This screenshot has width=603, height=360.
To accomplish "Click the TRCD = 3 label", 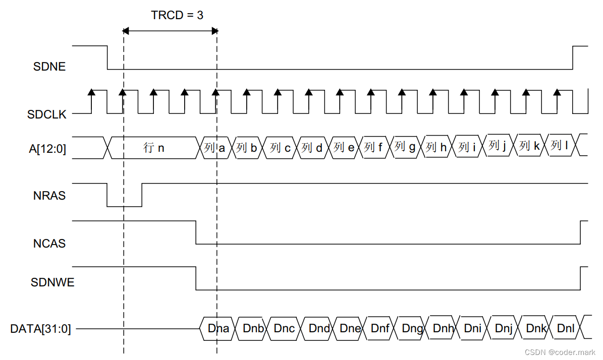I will tap(177, 15).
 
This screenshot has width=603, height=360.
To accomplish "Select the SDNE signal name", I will tap(49, 67).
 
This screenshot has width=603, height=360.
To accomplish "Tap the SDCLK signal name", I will tap(46, 114).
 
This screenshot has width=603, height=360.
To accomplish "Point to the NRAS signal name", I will tap(49, 196).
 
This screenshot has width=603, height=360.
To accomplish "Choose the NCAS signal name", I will tap(49, 244).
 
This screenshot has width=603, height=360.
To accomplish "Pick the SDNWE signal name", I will tap(52, 282).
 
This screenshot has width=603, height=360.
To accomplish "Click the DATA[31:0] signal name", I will tap(40, 329).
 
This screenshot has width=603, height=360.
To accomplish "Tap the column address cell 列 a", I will tap(215, 148).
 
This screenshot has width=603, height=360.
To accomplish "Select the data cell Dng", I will tap(412, 329).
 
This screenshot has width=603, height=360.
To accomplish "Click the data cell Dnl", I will tap(566, 329).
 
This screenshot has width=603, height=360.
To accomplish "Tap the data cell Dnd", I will tap(319, 329).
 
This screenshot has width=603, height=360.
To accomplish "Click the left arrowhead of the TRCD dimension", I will tap(126, 31).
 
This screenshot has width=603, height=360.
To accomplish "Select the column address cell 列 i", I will tap(467, 147).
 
